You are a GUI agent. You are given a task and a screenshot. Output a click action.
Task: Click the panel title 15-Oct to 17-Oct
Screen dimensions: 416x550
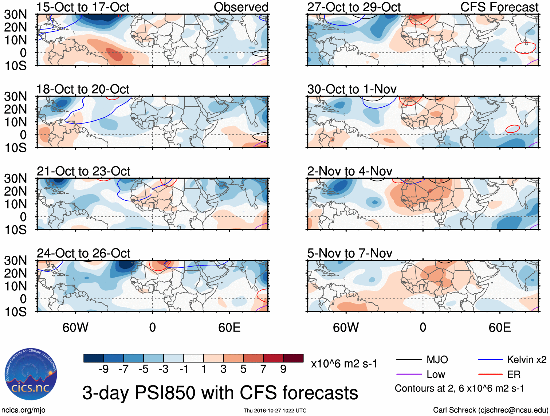83,7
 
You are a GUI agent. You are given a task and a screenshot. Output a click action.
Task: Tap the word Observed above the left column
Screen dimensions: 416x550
241,7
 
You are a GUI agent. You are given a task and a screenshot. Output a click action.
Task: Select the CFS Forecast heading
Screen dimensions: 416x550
499,7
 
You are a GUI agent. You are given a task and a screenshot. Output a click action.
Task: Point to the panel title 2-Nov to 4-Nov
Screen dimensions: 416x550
350,171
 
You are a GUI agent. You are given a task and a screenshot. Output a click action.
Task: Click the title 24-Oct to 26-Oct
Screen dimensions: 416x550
83,253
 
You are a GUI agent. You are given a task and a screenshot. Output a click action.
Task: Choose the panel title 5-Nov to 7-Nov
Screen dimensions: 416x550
350,253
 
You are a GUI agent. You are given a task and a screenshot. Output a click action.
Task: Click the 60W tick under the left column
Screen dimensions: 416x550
75,327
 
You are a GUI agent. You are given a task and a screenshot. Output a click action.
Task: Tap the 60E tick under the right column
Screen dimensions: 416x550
499,327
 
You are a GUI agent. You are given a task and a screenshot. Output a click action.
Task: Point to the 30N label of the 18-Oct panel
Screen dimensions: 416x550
15,97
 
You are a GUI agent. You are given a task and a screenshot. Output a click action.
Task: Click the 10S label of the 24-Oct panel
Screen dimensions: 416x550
15,312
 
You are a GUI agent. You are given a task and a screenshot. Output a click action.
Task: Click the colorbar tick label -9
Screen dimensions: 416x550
104,369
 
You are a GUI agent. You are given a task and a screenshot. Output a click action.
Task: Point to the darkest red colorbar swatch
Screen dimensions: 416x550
293,358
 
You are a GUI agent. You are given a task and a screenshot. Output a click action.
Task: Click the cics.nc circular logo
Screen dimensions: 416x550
31,375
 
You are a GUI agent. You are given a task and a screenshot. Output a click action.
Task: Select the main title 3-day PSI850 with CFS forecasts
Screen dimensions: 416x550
220,393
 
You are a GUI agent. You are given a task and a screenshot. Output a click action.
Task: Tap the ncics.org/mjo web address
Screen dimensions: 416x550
23,410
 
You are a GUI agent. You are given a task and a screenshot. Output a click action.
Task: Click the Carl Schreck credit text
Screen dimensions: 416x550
490,410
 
